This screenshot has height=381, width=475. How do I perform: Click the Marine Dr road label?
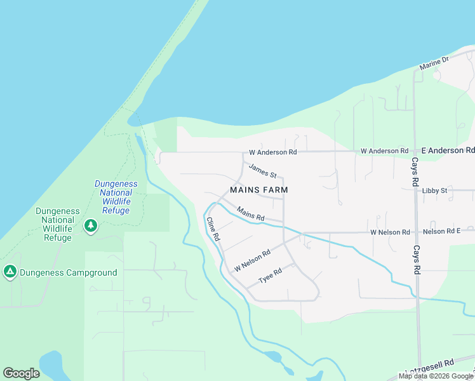[434, 63]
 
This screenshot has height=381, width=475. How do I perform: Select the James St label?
[263, 171]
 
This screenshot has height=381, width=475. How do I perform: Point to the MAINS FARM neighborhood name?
[259, 190]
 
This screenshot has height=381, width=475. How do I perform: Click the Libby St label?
[435, 190]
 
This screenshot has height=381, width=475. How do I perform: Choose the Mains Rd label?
[250, 213]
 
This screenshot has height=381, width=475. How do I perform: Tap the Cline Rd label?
[213, 229]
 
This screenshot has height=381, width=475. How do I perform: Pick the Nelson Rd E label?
[441, 232]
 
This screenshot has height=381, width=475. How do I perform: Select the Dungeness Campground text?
[69, 273]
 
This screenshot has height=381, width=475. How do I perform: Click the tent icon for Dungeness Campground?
[10, 272]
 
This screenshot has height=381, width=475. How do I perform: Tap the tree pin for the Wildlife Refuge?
[91, 225]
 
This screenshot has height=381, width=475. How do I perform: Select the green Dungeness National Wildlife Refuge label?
[58, 224]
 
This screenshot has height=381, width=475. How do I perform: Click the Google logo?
[22, 373]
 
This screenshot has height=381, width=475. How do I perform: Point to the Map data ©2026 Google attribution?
[436, 376]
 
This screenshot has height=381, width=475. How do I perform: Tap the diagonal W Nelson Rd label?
[252, 260]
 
